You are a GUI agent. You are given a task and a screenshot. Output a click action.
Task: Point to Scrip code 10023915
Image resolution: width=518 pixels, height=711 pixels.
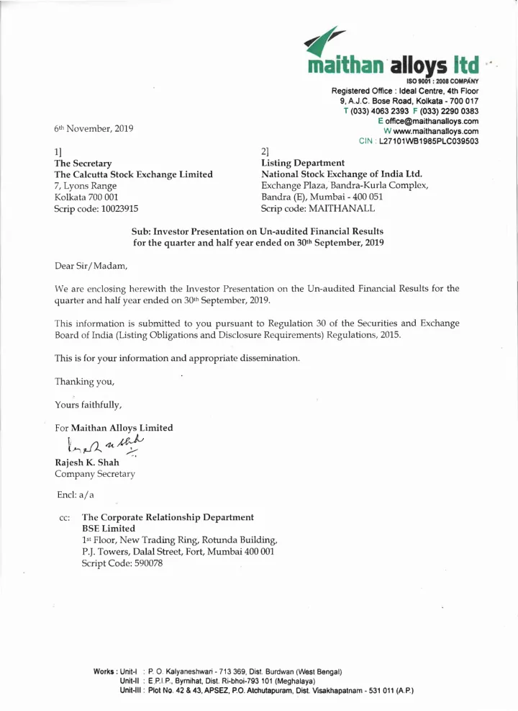point(96,208)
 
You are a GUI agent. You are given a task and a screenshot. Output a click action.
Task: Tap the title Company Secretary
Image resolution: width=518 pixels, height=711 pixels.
point(95,474)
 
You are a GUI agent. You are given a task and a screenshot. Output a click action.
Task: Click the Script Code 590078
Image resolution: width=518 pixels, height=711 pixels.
point(123,563)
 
